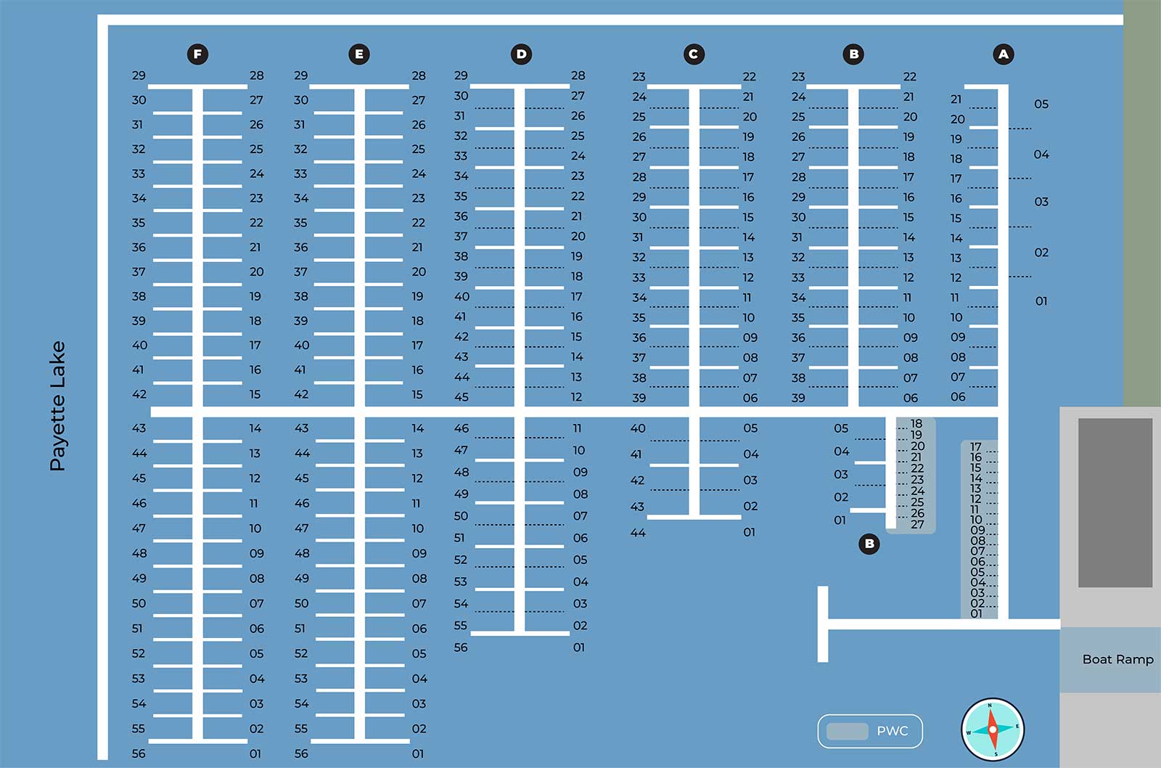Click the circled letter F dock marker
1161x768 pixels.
point(197,54)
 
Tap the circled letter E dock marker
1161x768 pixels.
point(358,54)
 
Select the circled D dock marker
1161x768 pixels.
point(521,54)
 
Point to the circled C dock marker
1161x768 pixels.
point(694,54)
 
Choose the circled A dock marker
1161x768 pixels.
point(1004,54)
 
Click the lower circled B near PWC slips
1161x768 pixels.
point(869,544)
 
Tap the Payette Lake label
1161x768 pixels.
point(57,406)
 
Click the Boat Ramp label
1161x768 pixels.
point(1117,659)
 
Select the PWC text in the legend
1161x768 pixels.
point(892,731)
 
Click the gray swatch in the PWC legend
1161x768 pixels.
point(847,731)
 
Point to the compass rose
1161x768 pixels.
point(993,730)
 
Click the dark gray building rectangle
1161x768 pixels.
point(1115,502)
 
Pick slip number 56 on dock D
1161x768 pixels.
point(461,648)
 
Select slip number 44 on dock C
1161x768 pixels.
point(638,533)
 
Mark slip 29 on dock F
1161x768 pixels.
point(139,75)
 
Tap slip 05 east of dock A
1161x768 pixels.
point(1041,105)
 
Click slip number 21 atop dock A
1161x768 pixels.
point(956,99)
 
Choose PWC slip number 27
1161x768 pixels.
point(918,524)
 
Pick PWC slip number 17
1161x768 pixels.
point(976,447)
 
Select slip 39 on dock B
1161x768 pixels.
point(798,398)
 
